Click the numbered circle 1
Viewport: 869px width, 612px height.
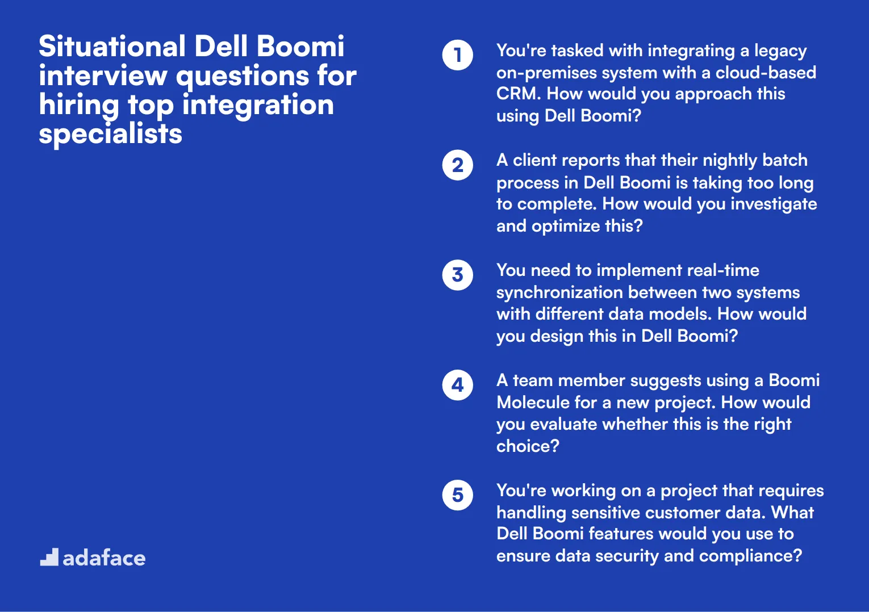(457, 55)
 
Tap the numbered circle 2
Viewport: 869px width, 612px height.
(457, 165)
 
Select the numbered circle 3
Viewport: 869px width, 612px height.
(457, 275)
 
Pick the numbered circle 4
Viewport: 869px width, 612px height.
(457, 385)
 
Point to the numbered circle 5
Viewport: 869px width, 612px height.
(457, 495)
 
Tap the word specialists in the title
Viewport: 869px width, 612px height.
(110, 134)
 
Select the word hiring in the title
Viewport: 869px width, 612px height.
(79, 106)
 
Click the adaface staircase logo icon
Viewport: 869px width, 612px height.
(49, 557)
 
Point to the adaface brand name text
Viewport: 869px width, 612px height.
(104, 558)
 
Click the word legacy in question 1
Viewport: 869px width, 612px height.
(780, 51)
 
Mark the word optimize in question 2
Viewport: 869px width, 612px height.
(566, 226)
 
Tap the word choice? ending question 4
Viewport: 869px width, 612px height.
(528, 446)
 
